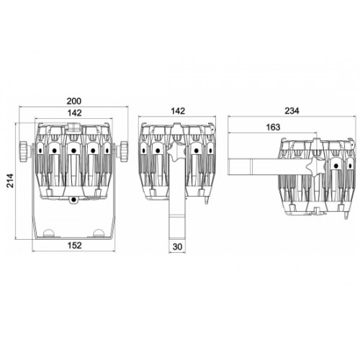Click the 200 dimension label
(x=74, y=101)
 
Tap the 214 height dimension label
(x=10, y=181)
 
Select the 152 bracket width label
(x=74, y=246)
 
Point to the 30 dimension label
(x=177, y=247)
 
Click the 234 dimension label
(x=292, y=111)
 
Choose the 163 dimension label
(x=273, y=127)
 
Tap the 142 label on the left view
(x=75, y=113)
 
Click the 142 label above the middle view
(x=178, y=111)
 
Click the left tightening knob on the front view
(x=24, y=152)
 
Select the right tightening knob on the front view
(x=124, y=152)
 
